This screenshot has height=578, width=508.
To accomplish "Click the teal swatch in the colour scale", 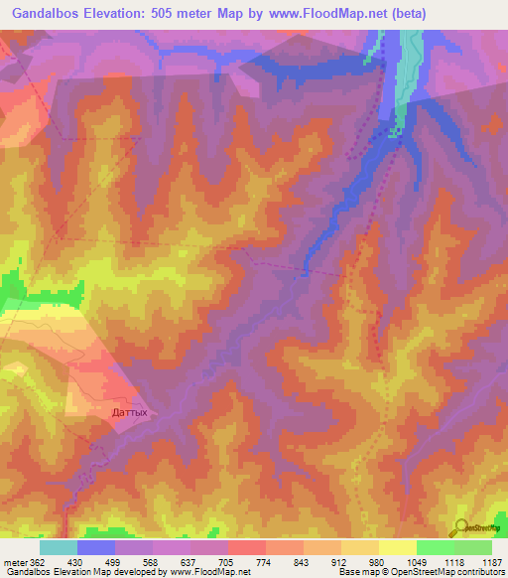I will point(58,547).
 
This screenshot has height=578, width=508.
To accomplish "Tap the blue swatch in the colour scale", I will point(95,547).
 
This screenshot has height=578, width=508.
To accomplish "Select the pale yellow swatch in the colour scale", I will point(397,547).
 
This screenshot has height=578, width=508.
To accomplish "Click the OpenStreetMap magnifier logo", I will point(461,526).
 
